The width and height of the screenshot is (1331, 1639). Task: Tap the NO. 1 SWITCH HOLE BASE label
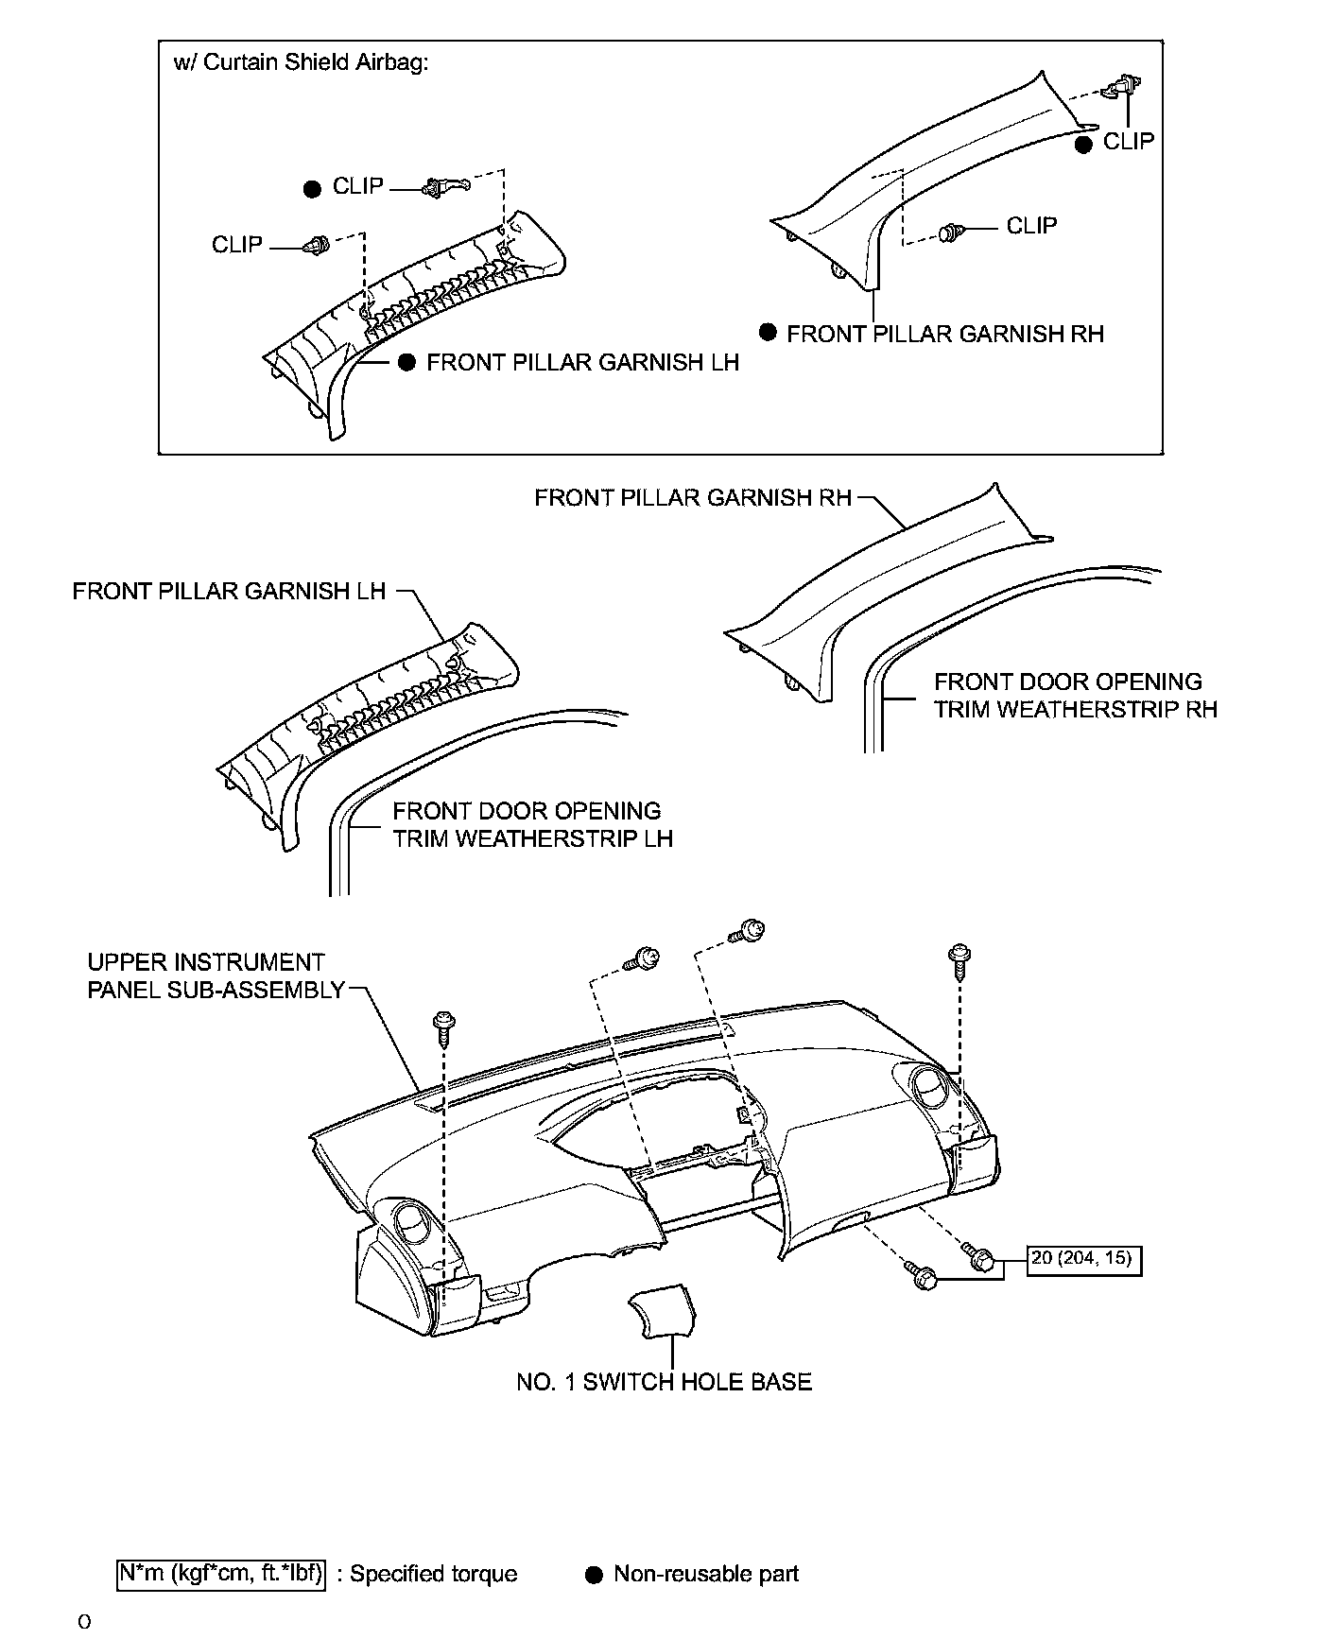[664, 1382]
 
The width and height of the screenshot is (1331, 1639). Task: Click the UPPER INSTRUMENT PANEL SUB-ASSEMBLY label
[216, 976]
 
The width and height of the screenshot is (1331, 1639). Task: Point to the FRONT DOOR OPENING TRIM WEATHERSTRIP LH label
[532, 825]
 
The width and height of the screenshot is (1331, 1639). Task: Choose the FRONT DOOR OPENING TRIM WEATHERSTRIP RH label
[1075, 696]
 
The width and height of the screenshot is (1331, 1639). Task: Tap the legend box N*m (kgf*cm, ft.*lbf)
[221, 1574]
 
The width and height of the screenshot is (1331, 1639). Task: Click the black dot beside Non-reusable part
[594, 1575]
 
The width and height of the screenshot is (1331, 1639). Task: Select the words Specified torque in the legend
[434, 1575]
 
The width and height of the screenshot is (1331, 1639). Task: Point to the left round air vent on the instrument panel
[413, 1222]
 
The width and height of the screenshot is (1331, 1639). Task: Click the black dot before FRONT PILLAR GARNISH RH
[769, 333]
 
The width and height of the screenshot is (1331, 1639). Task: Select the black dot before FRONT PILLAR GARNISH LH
[406, 363]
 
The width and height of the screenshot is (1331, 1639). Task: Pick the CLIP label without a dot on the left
[236, 245]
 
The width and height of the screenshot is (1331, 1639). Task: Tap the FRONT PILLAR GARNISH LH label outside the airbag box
[229, 592]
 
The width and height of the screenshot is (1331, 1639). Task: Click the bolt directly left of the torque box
[978, 1257]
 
